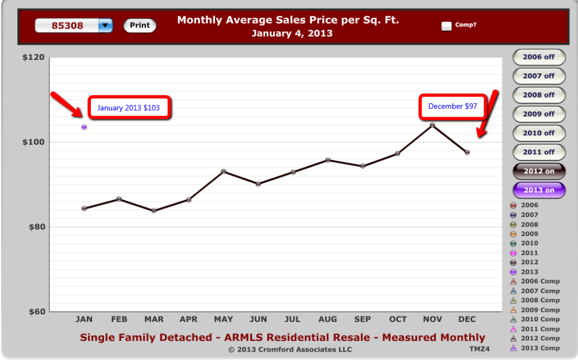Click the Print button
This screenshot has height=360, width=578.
point(140,25)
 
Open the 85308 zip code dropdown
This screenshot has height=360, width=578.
point(105,26)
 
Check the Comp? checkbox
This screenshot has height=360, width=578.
point(447,26)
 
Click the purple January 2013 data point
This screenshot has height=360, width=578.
point(84,127)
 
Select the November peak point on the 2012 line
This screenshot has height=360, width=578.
point(432,124)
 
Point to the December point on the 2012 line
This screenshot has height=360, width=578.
point(467,152)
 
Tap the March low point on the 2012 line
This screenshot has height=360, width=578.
point(154,211)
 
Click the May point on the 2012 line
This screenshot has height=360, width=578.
point(223,171)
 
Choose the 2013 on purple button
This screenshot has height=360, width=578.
point(539,190)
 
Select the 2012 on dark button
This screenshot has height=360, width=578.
point(539,171)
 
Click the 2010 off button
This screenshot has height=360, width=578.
point(539,133)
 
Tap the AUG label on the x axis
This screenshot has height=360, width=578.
point(328,319)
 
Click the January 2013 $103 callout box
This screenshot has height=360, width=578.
point(129,107)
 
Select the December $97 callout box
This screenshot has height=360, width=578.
point(452,106)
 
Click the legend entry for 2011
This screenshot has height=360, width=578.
point(530,253)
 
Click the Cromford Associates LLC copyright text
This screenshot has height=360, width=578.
point(290,349)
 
